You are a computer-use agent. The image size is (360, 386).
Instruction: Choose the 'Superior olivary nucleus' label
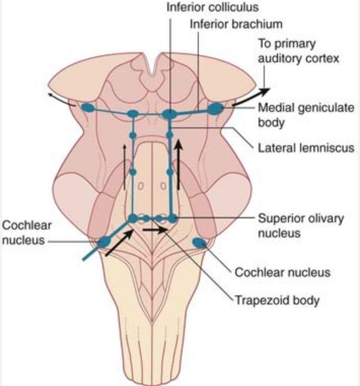[x=301, y=226]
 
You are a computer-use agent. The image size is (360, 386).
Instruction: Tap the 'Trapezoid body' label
[x=276, y=300]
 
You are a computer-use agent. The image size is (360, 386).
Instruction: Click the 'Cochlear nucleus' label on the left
[x=26, y=232]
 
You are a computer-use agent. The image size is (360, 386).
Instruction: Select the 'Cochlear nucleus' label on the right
[x=282, y=272]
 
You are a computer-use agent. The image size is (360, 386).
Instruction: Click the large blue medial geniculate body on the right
[x=215, y=108]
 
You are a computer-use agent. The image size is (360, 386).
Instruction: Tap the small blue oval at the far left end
[x=88, y=107]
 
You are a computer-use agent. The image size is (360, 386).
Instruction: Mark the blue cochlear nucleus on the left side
[x=105, y=242]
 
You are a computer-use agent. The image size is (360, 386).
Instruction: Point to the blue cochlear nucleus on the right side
[x=200, y=244]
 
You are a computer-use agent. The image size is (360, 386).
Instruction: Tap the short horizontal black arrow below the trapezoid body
[x=155, y=229]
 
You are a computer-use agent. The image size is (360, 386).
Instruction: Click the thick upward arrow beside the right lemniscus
[x=178, y=165]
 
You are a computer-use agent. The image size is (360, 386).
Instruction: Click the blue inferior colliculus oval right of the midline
[x=169, y=114]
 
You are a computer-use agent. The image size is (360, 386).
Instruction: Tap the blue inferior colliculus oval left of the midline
[x=133, y=114]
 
